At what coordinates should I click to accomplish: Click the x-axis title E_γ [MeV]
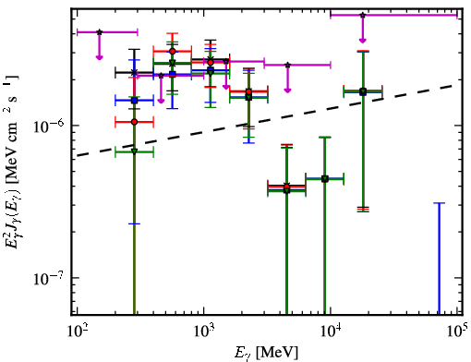point(266,353)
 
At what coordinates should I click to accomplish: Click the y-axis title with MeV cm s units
point(13,162)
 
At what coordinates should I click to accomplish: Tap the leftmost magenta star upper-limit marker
point(99,32)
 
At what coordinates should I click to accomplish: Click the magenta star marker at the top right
point(363,15)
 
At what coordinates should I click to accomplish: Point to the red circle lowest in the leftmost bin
point(134,122)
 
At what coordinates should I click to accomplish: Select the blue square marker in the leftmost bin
point(134,101)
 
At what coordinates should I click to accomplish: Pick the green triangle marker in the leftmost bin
point(134,151)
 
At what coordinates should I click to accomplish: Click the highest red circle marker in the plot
point(173,51)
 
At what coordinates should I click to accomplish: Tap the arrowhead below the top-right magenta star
point(363,41)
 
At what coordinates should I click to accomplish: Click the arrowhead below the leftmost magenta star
point(99,57)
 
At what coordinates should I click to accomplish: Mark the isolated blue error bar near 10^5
point(439,259)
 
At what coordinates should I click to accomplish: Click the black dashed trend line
point(267,120)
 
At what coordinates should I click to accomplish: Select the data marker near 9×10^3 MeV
point(325,179)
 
